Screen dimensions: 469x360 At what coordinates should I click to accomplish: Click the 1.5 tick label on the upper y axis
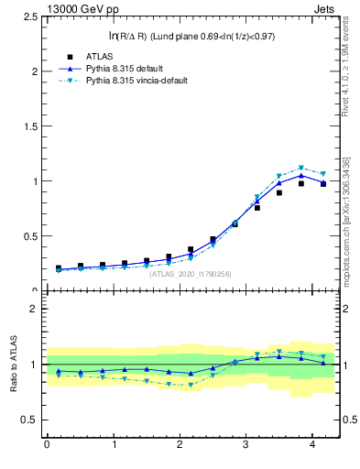27,126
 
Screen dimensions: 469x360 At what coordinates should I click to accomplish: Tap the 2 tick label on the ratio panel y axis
30,309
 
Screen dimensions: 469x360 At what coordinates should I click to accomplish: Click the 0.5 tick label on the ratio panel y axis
27,420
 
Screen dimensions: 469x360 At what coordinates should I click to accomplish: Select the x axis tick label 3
245,446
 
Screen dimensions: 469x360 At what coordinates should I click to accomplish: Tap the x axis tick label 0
47,446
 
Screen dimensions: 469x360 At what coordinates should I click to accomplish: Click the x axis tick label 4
311,446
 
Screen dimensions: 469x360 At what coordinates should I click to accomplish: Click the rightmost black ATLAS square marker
323,184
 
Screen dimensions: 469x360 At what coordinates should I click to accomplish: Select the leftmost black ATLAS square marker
58,268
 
